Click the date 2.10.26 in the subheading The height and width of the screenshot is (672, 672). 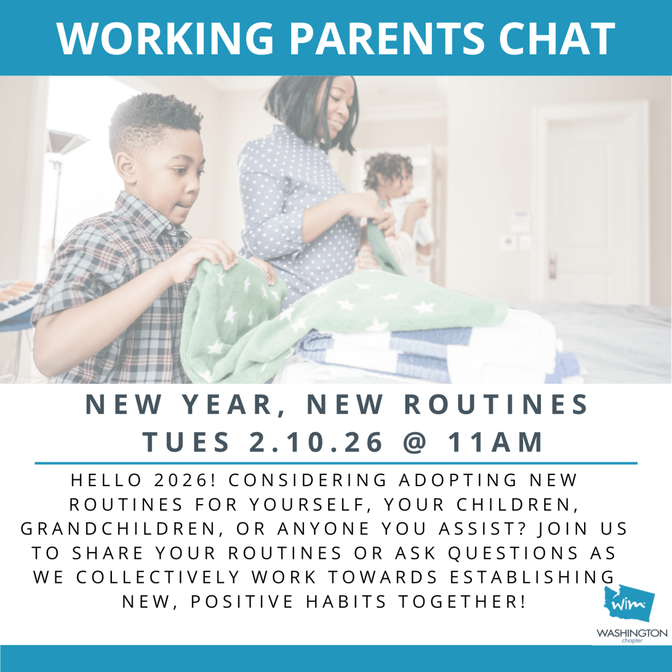click(316, 442)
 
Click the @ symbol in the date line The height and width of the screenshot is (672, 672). click(415, 442)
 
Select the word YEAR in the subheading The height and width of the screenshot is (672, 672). click(227, 404)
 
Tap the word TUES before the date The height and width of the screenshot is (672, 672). click(186, 442)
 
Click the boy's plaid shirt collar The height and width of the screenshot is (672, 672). click(153, 212)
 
